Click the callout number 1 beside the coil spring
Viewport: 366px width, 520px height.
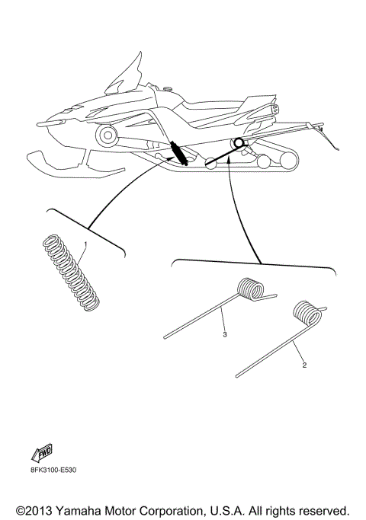(86, 244)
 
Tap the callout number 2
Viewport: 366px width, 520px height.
(305, 365)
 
